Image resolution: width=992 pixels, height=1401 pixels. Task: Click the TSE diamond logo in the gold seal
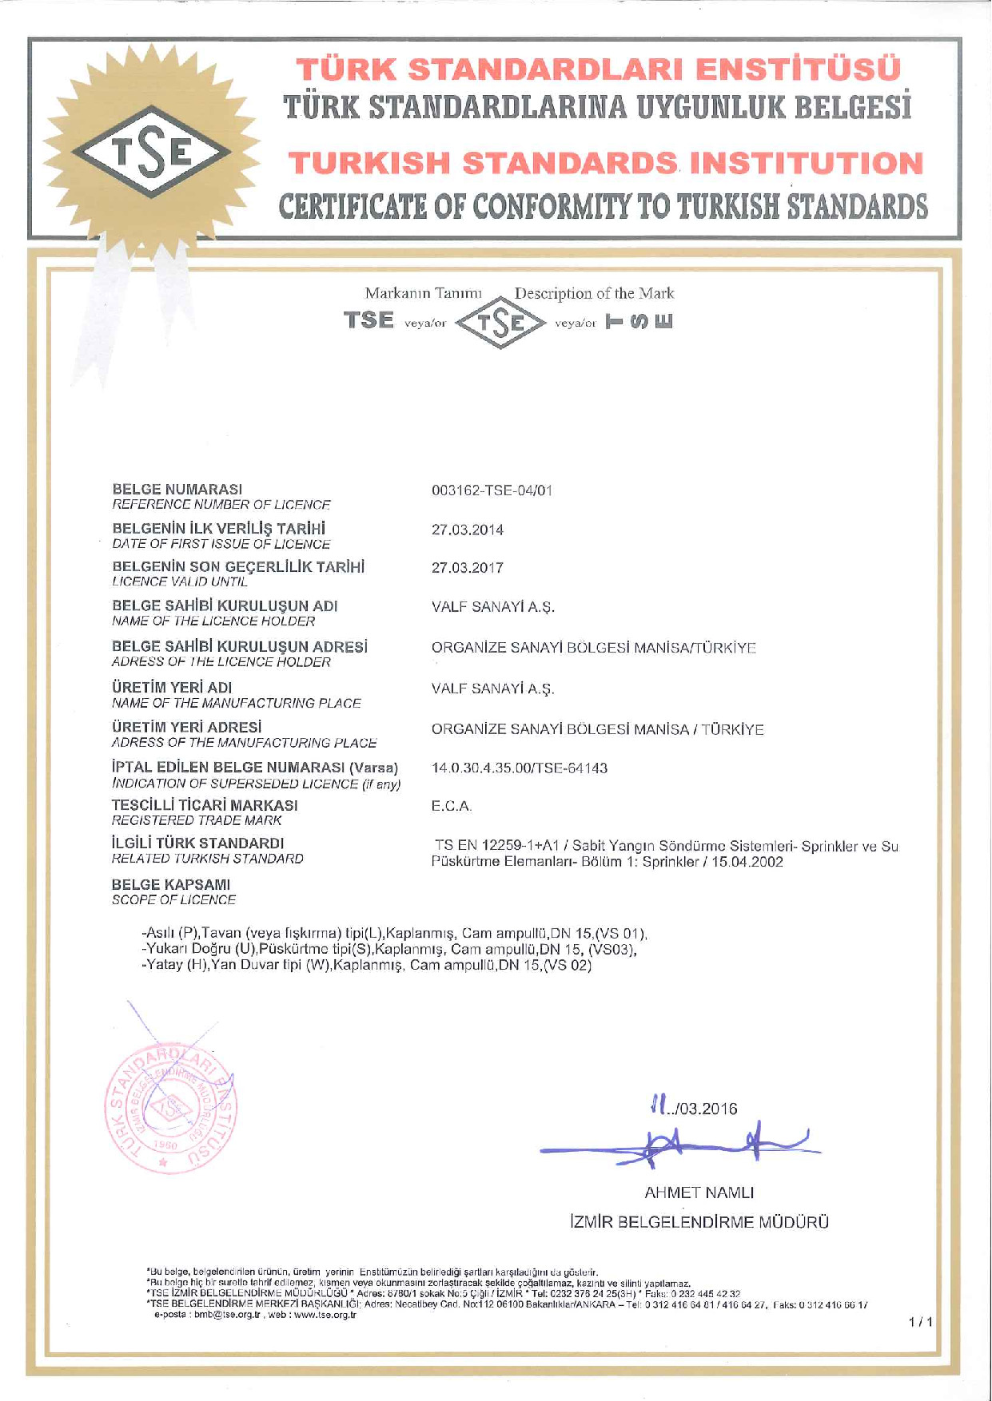(x=152, y=152)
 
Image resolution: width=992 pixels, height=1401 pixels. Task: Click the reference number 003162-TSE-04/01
(x=492, y=490)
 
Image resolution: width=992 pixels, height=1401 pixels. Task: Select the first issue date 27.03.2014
(x=468, y=530)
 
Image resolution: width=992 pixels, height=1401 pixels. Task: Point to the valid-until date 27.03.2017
(x=468, y=568)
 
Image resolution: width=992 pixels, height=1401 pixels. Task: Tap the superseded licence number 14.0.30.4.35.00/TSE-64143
(x=520, y=768)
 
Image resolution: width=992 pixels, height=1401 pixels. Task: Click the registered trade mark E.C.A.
(x=452, y=806)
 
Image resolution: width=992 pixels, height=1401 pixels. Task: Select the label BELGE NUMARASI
(x=177, y=489)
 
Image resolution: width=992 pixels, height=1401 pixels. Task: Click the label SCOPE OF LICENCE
(x=174, y=900)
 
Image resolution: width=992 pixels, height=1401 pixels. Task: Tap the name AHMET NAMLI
(x=699, y=1193)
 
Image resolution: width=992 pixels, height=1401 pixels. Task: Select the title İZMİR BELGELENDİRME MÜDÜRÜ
(x=699, y=1222)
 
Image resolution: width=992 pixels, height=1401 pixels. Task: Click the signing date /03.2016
(x=703, y=1109)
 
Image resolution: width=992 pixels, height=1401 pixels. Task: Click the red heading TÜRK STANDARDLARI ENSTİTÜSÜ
(x=598, y=69)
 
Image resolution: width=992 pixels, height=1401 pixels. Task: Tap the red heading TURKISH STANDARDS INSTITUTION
(x=606, y=164)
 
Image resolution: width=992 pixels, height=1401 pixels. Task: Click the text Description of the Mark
(x=594, y=293)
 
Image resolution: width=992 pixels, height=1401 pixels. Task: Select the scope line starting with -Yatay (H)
(x=366, y=965)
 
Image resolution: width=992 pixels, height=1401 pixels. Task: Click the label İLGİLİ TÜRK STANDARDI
(x=198, y=843)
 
